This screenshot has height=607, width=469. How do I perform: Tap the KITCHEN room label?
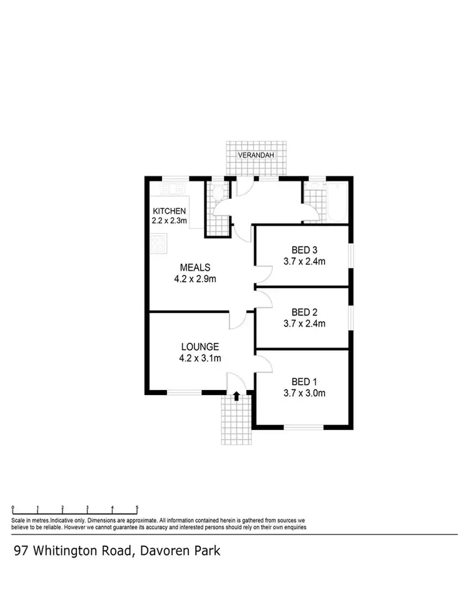tap(168, 211)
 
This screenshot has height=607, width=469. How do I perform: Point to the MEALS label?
tap(195, 268)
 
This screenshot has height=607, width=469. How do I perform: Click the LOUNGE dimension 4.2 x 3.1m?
tap(200, 358)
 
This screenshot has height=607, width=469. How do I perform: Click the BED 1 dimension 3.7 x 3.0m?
tap(309, 393)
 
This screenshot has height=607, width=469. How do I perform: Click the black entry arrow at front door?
tap(236, 396)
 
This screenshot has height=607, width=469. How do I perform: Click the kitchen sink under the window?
tap(170, 188)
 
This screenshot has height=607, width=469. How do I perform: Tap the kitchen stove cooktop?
tap(159, 243)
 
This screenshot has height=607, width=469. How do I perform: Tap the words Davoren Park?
tap(179, 551)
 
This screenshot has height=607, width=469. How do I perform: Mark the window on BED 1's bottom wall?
tap(304, 428)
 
